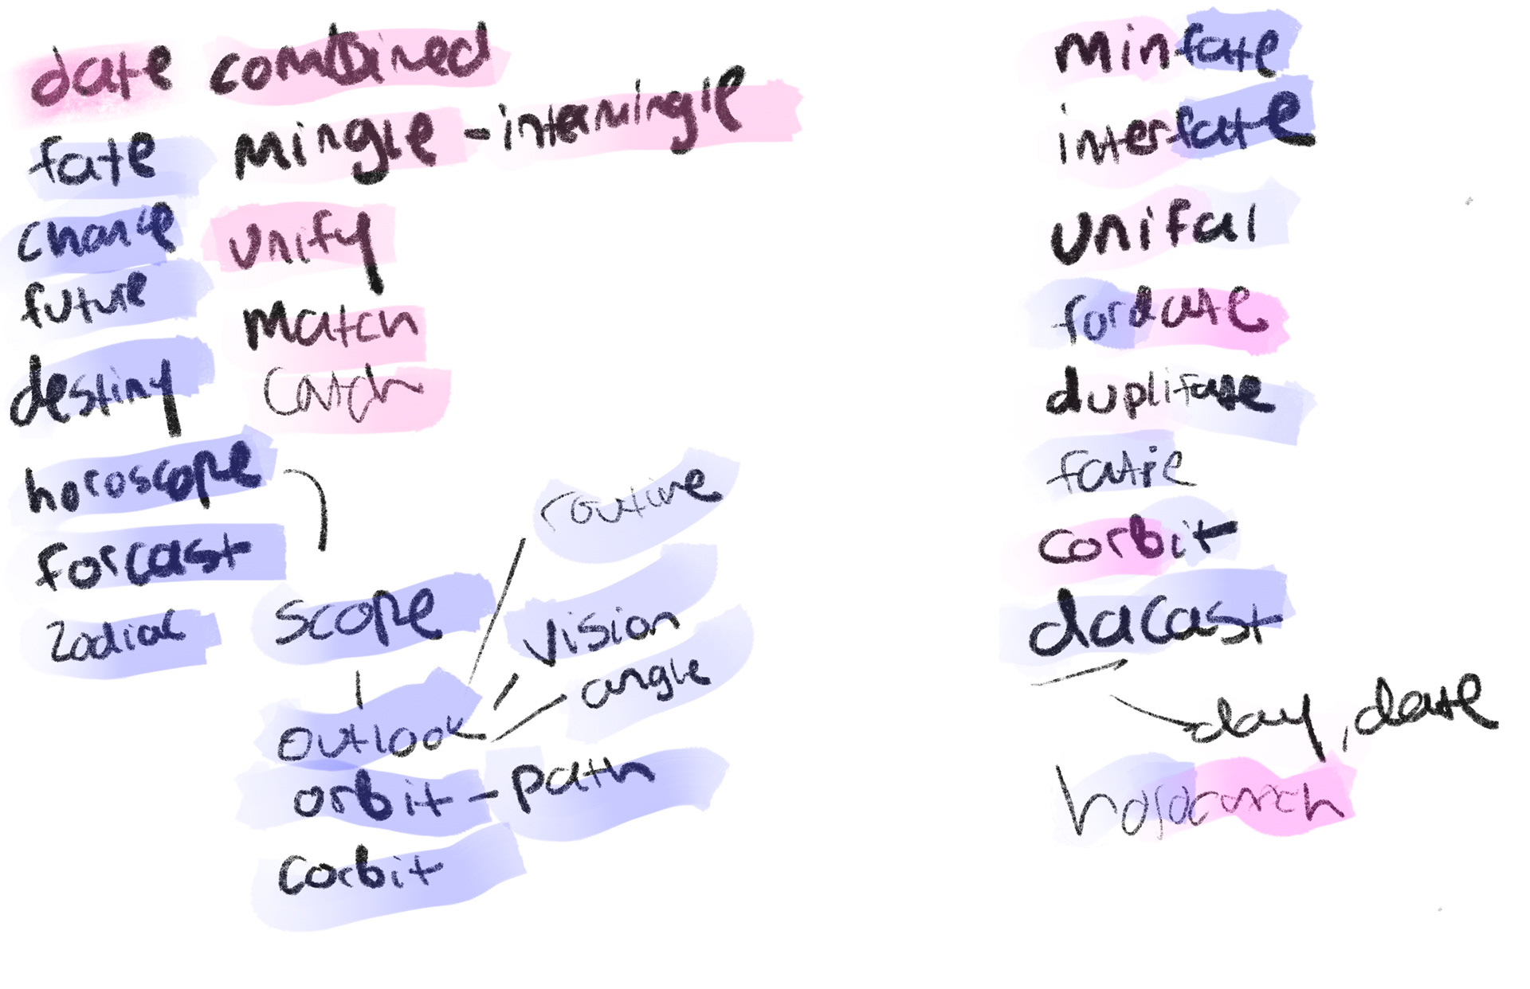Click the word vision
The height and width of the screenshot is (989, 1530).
pos(602,633)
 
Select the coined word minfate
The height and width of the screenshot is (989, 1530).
pos(1167,52)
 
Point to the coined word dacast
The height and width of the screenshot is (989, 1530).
pos(1151,625)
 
